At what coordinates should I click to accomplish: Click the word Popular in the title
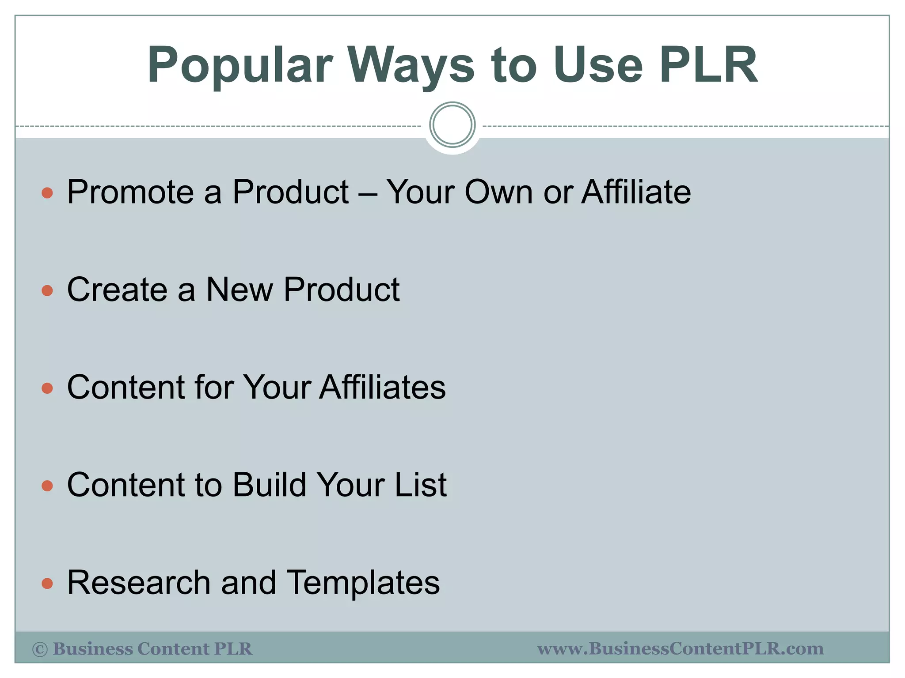(240, 66)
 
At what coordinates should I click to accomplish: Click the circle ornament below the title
(452, 125)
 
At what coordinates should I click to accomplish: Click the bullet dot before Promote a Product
(47, 193)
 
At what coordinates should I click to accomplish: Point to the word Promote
(130, 193)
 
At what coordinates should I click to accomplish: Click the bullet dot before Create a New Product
(47, 290)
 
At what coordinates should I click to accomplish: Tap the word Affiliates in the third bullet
(382, 387)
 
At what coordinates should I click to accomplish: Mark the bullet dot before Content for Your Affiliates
(47, 388)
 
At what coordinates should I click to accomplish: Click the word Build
(269, 485)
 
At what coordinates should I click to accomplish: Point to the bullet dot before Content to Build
(47, 486)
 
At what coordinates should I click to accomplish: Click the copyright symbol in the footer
(40, 649)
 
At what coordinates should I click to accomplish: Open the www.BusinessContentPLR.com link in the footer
(680, 648)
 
